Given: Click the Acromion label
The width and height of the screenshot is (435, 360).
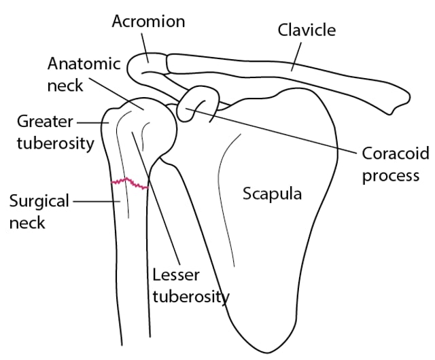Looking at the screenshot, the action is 148,21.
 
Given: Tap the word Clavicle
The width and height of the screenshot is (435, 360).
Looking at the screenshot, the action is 307,30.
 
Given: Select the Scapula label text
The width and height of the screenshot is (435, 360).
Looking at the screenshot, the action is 272,194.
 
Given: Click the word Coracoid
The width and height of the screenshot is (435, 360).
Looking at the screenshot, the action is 396,153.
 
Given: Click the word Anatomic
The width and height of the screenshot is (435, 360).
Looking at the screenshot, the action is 84,64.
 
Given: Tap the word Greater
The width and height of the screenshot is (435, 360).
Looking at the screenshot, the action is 45,122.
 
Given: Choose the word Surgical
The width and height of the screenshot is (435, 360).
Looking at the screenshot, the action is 39,201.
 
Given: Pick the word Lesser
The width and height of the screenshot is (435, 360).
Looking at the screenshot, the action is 176,275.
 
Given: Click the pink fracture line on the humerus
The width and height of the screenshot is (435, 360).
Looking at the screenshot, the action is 130,183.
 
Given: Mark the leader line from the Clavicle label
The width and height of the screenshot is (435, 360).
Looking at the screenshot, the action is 296,56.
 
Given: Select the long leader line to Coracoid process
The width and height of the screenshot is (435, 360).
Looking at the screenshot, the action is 271,131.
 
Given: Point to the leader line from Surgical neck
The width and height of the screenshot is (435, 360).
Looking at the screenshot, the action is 97,202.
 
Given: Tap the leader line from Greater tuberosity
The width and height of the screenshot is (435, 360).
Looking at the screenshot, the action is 92,122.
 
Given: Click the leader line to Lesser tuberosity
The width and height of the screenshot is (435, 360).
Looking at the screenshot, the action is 156,198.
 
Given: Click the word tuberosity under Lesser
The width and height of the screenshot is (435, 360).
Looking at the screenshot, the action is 191,297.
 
